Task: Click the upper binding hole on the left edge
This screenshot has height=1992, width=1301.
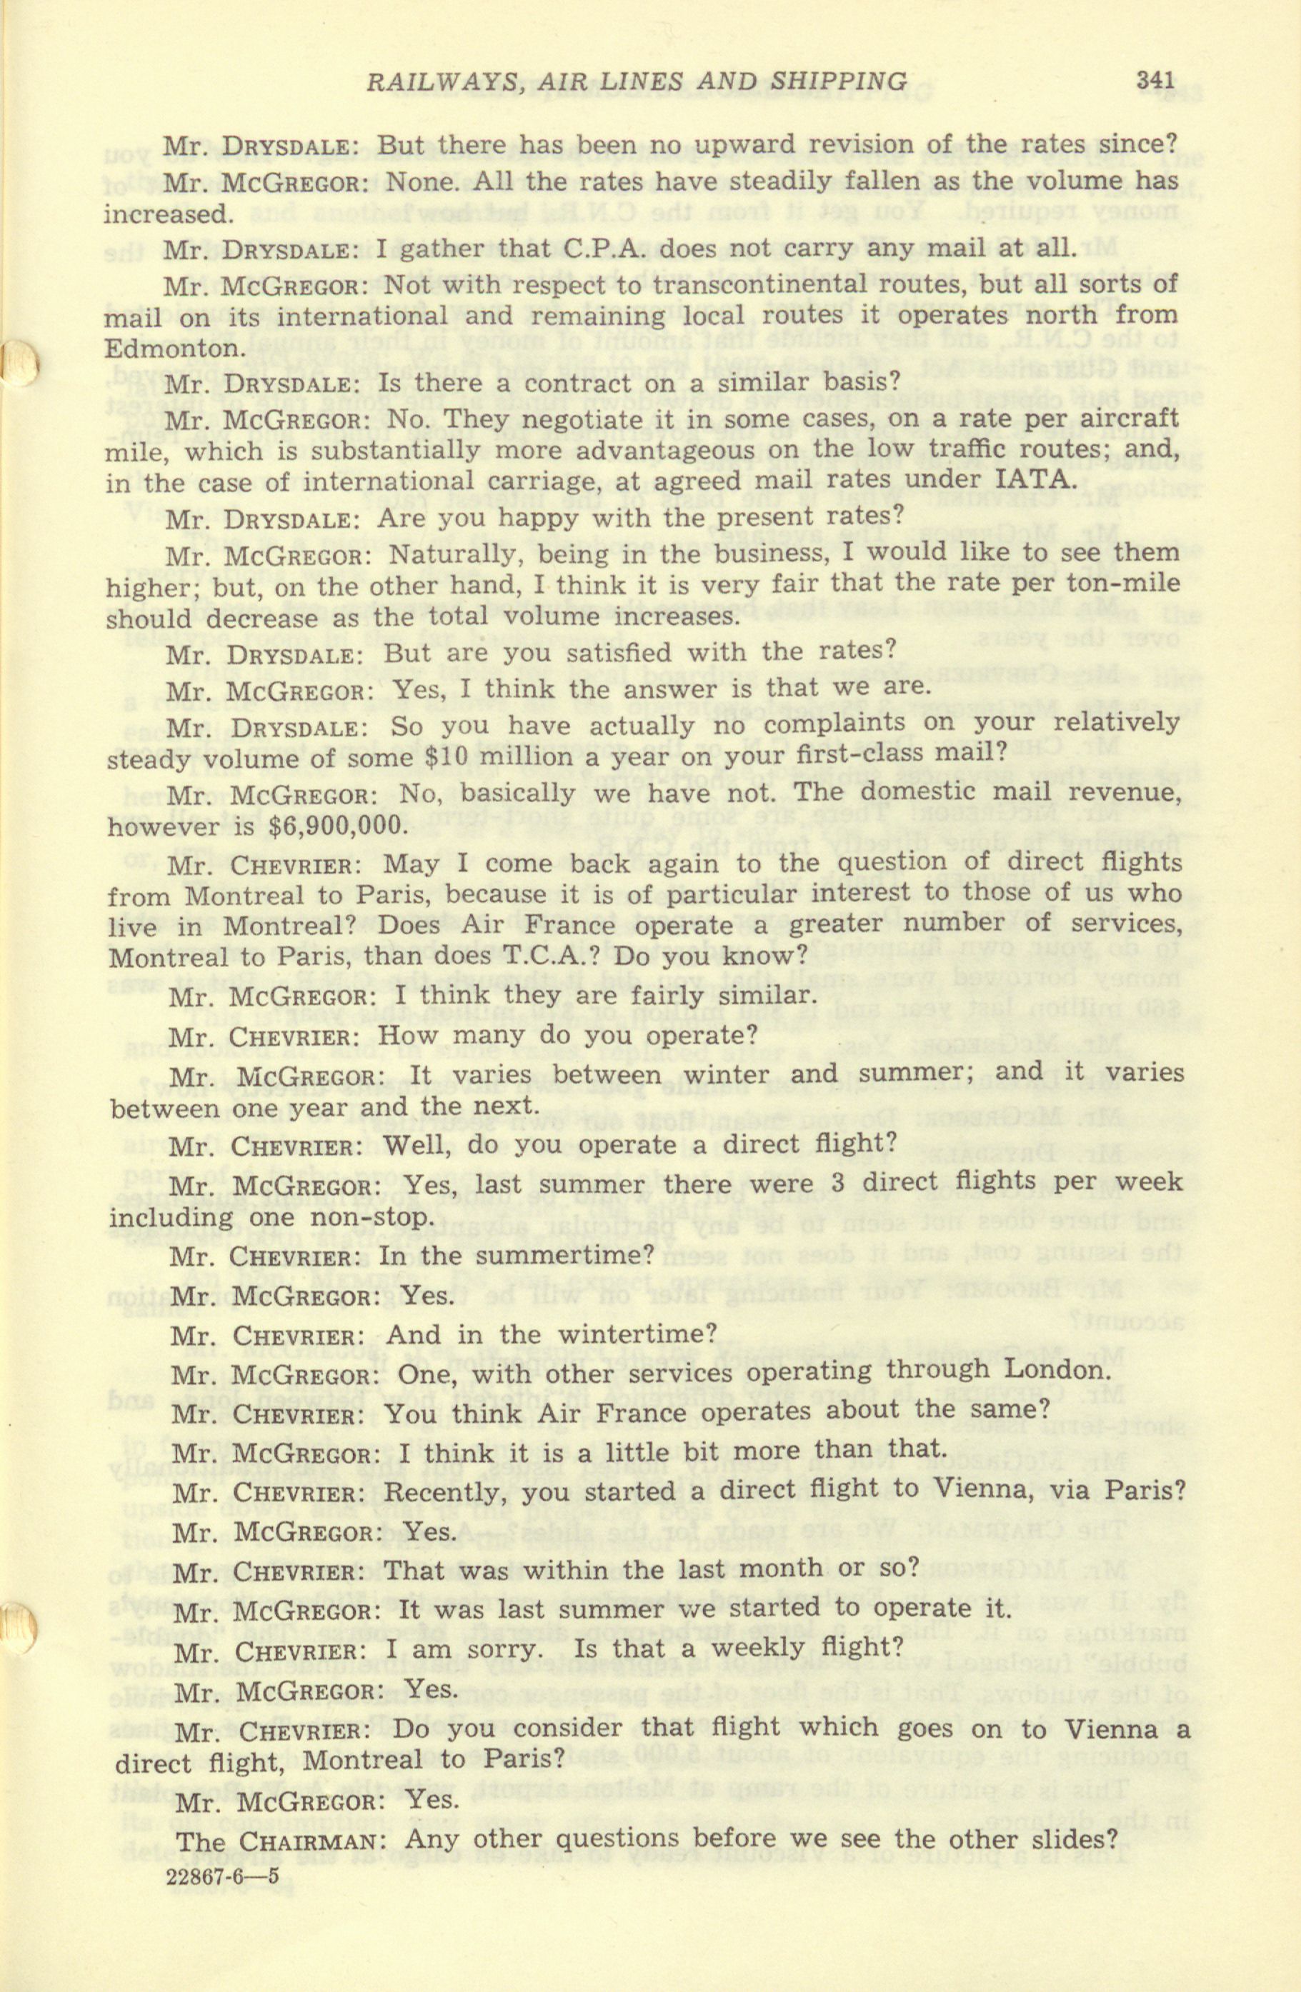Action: tap(19, 365)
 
